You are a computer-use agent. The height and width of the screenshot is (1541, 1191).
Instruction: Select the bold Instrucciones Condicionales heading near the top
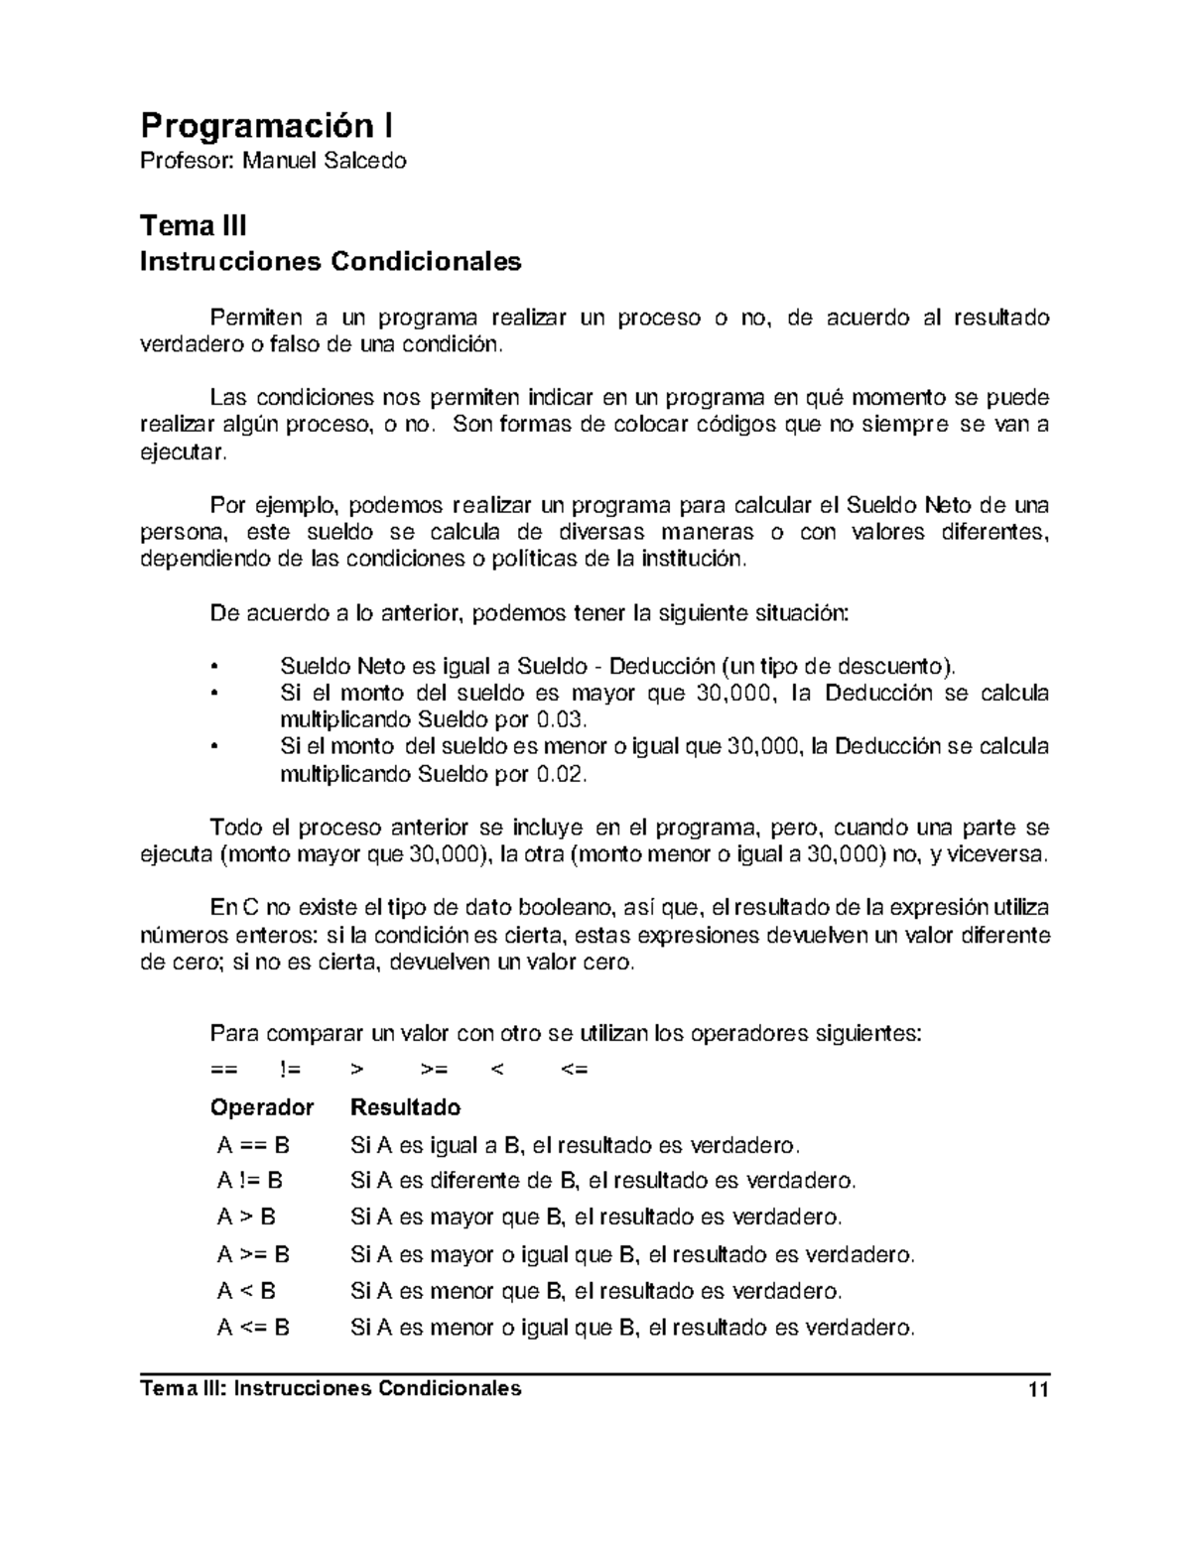point(331,262)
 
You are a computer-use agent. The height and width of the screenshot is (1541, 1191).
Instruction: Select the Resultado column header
point(406,1107)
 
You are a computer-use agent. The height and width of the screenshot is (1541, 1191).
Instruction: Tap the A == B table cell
point(253,1146)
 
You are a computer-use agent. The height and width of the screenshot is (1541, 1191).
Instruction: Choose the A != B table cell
point(250,1181)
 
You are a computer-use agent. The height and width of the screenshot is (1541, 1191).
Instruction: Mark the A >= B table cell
point(253,1255)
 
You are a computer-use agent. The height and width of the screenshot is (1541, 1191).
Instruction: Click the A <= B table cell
point(253,1328)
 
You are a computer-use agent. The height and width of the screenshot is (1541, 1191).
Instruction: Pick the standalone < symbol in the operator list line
point(497,1070)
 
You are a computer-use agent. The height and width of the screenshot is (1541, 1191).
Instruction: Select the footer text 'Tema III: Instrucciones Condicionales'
point(331,1389)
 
